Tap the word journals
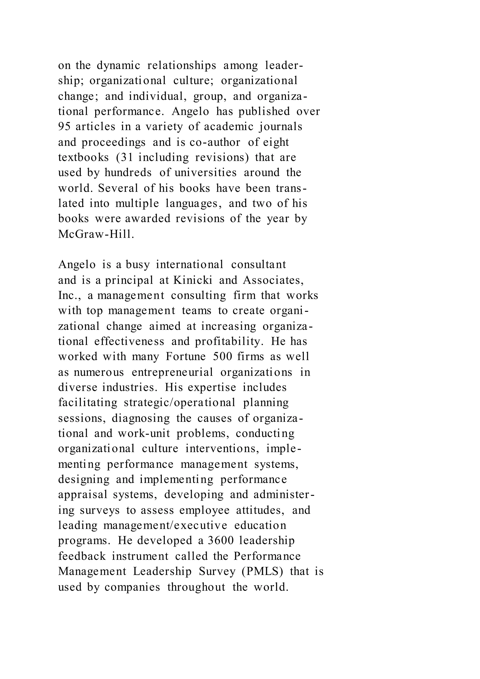click(x=281, y=127)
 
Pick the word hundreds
click(x=128, y=173)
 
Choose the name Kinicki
click(x=192, y=280)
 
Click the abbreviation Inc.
click(x=68, y=295)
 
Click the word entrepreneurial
click(x=172, y=372)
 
